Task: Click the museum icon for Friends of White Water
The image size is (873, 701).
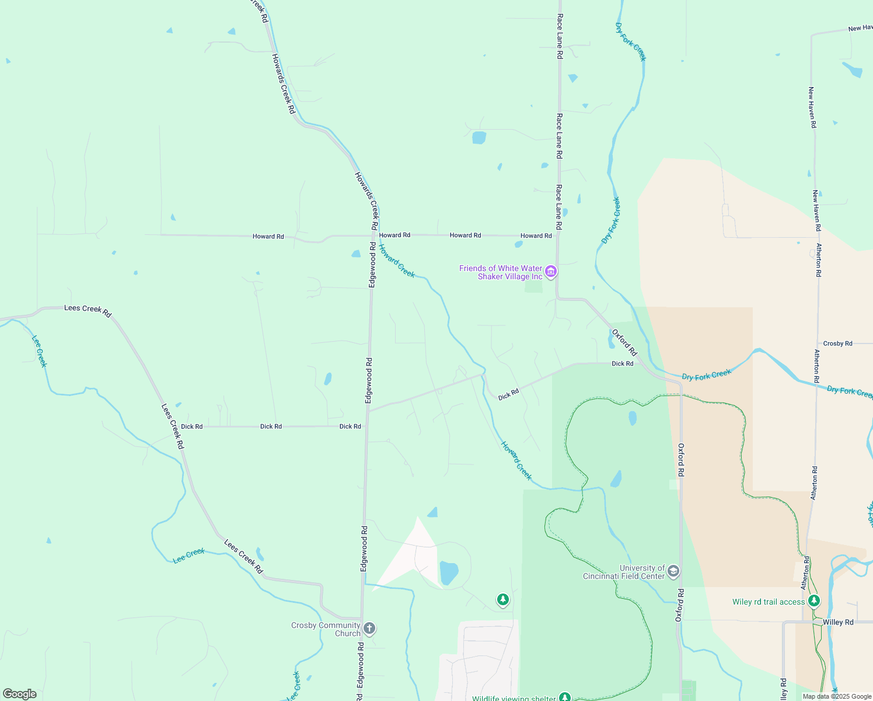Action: (x=550, y=272)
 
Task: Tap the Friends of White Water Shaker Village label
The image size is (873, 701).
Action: (x=501, y=272)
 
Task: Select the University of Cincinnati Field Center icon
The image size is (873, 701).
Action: (x=673, y=571)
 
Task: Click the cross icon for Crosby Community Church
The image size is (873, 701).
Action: (x=369, y=629)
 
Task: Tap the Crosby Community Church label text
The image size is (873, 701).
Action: (x=326, y=629)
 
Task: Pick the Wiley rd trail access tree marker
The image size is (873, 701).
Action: (x=814, y=601)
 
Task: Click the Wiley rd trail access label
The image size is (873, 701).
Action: (x=768, y=602)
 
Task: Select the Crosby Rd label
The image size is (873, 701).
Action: (x=837, y=343)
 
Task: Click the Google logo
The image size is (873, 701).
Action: (x=20, y=694)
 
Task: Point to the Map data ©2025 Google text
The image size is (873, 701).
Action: (x=837, y=696)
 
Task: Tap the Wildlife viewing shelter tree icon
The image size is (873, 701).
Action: (x=564, y=697)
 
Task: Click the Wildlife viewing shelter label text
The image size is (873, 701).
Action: (x=514, y=698)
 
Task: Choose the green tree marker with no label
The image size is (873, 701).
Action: (x=502, y=599)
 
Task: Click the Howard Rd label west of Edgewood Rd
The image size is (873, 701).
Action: (x=268, y=237)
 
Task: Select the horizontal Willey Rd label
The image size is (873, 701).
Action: (x=838, y=622)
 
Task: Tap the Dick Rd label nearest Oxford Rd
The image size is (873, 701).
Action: (x=622, y=363)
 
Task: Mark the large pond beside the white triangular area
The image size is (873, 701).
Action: (x=448, y=573)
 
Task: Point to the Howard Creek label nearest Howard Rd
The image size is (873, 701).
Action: (x=396, y=261)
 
